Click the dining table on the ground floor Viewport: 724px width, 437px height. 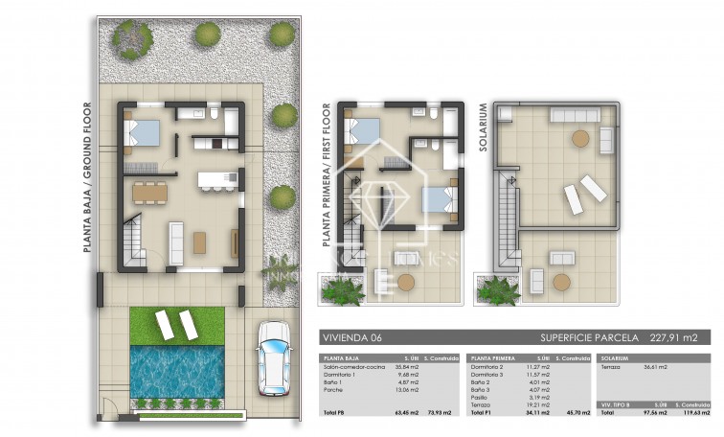[x=148, y=192]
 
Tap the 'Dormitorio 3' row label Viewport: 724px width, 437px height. [x=488, y=375]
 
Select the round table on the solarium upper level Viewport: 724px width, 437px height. [x=579, y=139]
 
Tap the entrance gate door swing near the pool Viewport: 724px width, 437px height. [x=114, y=412]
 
